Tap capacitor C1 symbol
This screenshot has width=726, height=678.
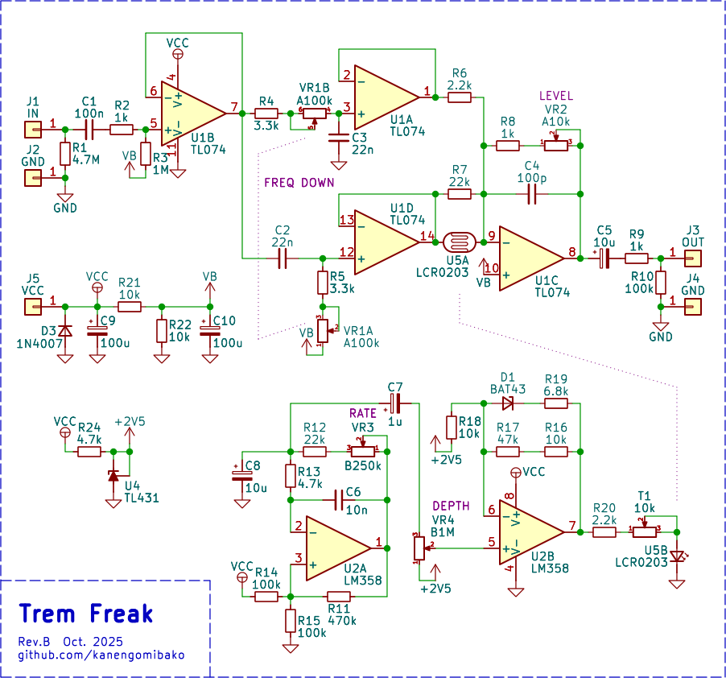(89, 128)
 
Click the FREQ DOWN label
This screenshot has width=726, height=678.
(299, 183)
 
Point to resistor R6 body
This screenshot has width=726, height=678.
(460, 97)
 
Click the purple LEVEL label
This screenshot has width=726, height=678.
(556, 96)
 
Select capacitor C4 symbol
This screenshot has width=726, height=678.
(531, 194)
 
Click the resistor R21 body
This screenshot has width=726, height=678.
(130, 307)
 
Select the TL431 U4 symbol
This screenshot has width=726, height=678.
(113, 476)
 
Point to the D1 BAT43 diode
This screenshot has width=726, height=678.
(507, 403)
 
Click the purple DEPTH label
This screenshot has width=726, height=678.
(452, 506)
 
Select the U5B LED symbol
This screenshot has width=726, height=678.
(677, 556)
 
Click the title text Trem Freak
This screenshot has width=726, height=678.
(85, 614)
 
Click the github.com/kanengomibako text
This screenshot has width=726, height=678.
(101, 655)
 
